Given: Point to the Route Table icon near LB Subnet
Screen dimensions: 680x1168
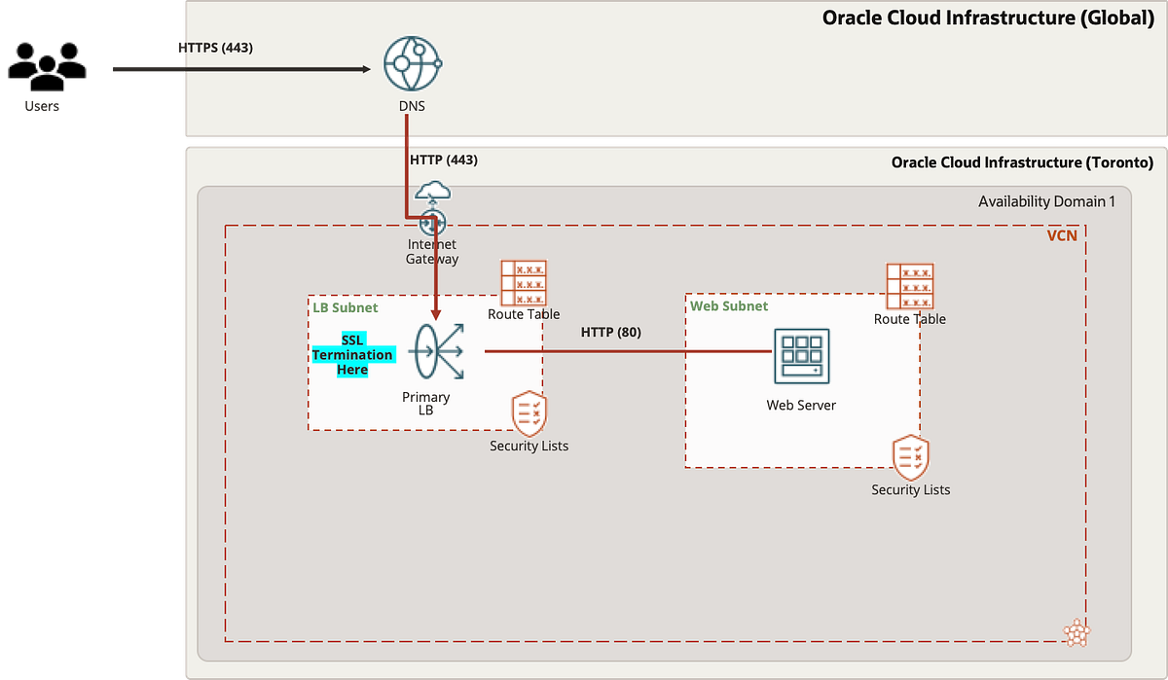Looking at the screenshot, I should click(524, 282).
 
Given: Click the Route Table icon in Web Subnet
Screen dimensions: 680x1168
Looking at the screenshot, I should click(910, 286).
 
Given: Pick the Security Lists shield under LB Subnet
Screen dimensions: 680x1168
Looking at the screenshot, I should click(529, 413).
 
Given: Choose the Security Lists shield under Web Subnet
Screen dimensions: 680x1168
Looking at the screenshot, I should click(910, 457).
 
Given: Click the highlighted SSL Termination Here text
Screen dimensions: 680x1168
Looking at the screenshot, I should click(352, 355).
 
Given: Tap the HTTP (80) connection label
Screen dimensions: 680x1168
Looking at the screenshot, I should click(610, 333).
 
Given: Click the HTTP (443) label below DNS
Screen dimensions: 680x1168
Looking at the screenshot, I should click(444, 160).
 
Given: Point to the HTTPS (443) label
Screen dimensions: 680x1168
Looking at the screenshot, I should click(216, 47).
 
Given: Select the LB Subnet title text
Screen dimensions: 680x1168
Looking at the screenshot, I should click(345, 307).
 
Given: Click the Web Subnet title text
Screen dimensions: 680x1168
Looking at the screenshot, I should click(729, 305).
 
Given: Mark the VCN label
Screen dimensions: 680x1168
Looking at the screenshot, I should click(1061, 235).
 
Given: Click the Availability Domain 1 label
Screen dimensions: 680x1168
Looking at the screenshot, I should click(1046, 201).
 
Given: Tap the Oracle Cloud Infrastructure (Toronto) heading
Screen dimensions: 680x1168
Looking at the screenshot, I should click(1022, 162).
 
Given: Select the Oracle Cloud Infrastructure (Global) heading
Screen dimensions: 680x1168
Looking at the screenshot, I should click(988, 18).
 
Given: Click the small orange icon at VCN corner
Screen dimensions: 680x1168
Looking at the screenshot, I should click(1077, 633).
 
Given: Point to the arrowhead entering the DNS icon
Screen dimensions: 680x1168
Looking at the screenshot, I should click(366, 69).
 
